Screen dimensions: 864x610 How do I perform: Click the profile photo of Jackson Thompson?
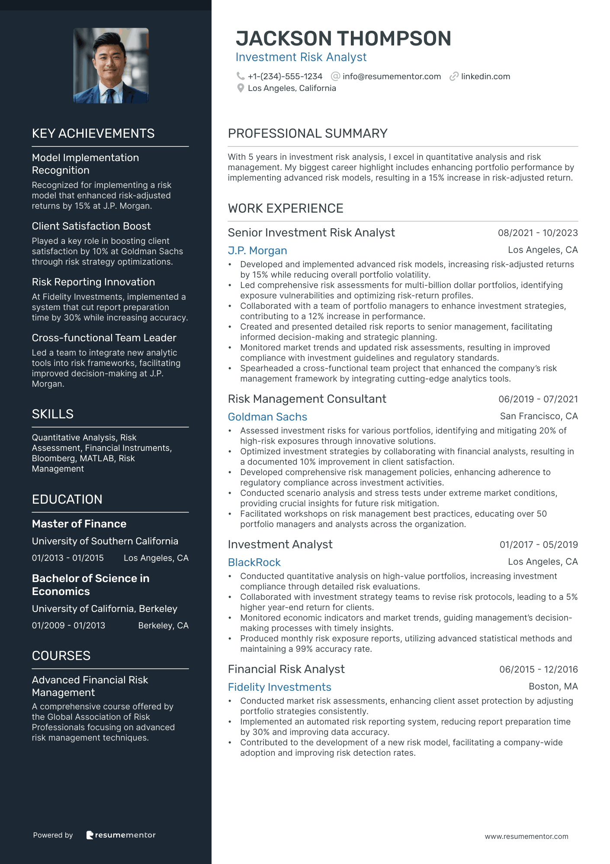[111, 65]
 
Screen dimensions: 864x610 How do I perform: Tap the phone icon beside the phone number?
[240, 76]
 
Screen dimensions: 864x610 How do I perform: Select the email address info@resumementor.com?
[392, 76]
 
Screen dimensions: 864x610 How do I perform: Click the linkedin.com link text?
[485, 76]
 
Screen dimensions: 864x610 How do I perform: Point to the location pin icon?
[241, 88]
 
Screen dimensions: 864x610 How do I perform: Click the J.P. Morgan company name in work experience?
[257, 251]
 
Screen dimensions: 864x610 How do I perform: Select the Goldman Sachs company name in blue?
[267, 417]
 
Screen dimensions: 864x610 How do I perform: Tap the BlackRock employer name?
[254, 563]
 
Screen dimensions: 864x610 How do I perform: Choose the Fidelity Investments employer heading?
[279, 687]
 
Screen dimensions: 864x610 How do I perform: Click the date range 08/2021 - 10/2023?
[538, 233]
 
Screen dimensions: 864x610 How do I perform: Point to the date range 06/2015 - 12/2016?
[539, 670]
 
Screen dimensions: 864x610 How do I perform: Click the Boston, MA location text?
[553, 686]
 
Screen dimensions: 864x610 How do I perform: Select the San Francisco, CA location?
[539, 416]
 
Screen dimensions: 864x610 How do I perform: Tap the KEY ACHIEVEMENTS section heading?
[93, 133]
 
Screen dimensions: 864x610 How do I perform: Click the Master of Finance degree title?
[79, 524]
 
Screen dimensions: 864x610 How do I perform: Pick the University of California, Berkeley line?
[105, 609]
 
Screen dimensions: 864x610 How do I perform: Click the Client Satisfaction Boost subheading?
[91, 226]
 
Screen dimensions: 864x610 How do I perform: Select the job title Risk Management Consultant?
[307, 399]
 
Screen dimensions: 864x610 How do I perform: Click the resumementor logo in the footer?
[121, 835]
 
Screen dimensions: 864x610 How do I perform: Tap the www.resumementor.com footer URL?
[527, 837]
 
